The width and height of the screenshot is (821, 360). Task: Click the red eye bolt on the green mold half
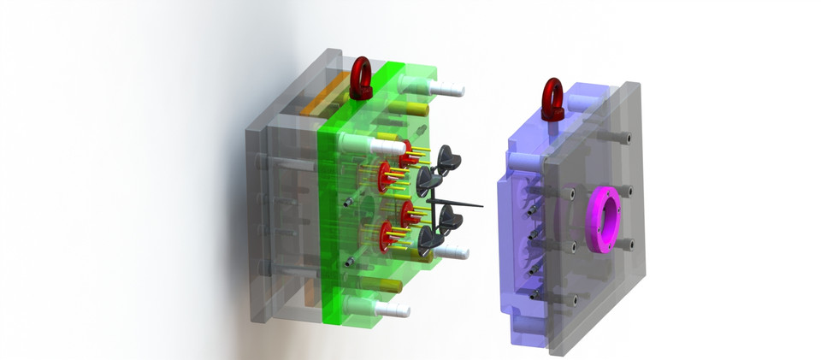click(362, 79)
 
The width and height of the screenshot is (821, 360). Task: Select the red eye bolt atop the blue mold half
click(553, 97)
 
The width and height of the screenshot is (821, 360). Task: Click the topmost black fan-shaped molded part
click(449, 157)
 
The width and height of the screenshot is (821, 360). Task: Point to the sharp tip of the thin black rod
click(485, 206)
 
